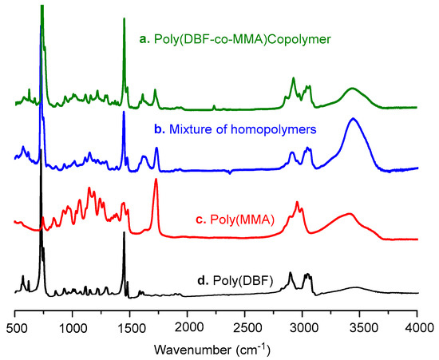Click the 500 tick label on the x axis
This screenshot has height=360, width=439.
tap(15, 326)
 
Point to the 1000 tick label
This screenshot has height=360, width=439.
tap(73, 326)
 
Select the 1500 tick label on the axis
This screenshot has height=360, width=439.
tap(130, 326)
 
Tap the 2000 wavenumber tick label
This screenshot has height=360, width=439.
tap(188, 326)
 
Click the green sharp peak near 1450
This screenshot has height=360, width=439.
tap(124, 20)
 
